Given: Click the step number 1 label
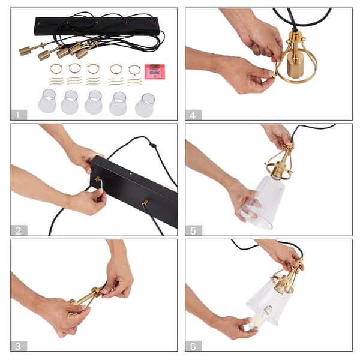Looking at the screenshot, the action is [19, 115].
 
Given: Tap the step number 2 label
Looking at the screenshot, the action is [19, 230].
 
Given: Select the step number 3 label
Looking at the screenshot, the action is [19, 346].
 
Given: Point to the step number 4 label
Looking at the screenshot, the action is [194, 115].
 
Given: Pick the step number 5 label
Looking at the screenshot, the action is [194, 230].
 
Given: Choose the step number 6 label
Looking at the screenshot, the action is [194, 346].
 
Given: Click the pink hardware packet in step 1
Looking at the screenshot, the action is [155, 71].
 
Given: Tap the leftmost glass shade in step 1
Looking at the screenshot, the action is [47, 101].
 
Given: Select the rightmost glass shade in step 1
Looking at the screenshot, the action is [145, 105].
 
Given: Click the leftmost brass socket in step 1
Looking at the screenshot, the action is [25, 51].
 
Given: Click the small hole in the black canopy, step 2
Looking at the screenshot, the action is [131, 174].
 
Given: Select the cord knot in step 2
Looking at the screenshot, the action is [152, 145].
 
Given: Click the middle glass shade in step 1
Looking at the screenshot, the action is [94, 102].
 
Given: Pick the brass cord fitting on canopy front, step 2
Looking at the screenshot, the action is [145, 202].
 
